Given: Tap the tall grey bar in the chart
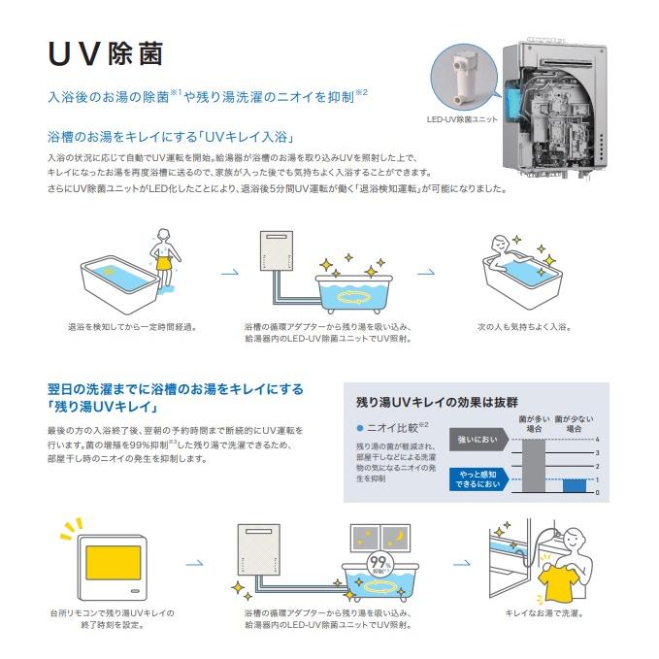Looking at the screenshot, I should click(533, 467).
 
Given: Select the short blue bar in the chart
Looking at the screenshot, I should click(574, 485).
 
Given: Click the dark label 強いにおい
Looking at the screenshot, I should click(476, 441).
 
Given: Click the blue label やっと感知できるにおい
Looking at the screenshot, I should click(476, 479).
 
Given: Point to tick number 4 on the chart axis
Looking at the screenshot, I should click(598, 441).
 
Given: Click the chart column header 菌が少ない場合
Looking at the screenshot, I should click(574, 423).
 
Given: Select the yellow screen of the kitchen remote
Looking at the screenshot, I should click(108, 564).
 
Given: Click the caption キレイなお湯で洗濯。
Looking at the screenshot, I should click(544, 614).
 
